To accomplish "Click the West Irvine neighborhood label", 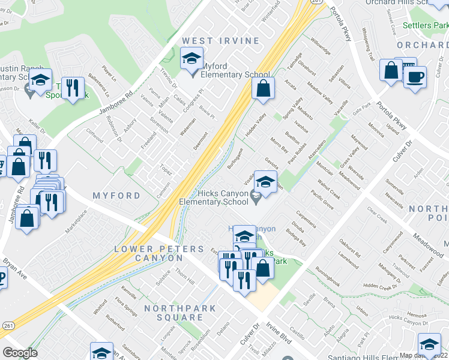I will tap(221, 41).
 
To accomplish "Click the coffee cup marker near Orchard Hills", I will tap(414, 77).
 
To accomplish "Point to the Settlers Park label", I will tap(425, 26).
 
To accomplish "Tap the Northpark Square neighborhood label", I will tap(173, 313).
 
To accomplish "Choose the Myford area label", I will tap(116, 196).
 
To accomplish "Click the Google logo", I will tap(20, 352).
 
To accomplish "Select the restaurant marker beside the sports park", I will tap(73, 88).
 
